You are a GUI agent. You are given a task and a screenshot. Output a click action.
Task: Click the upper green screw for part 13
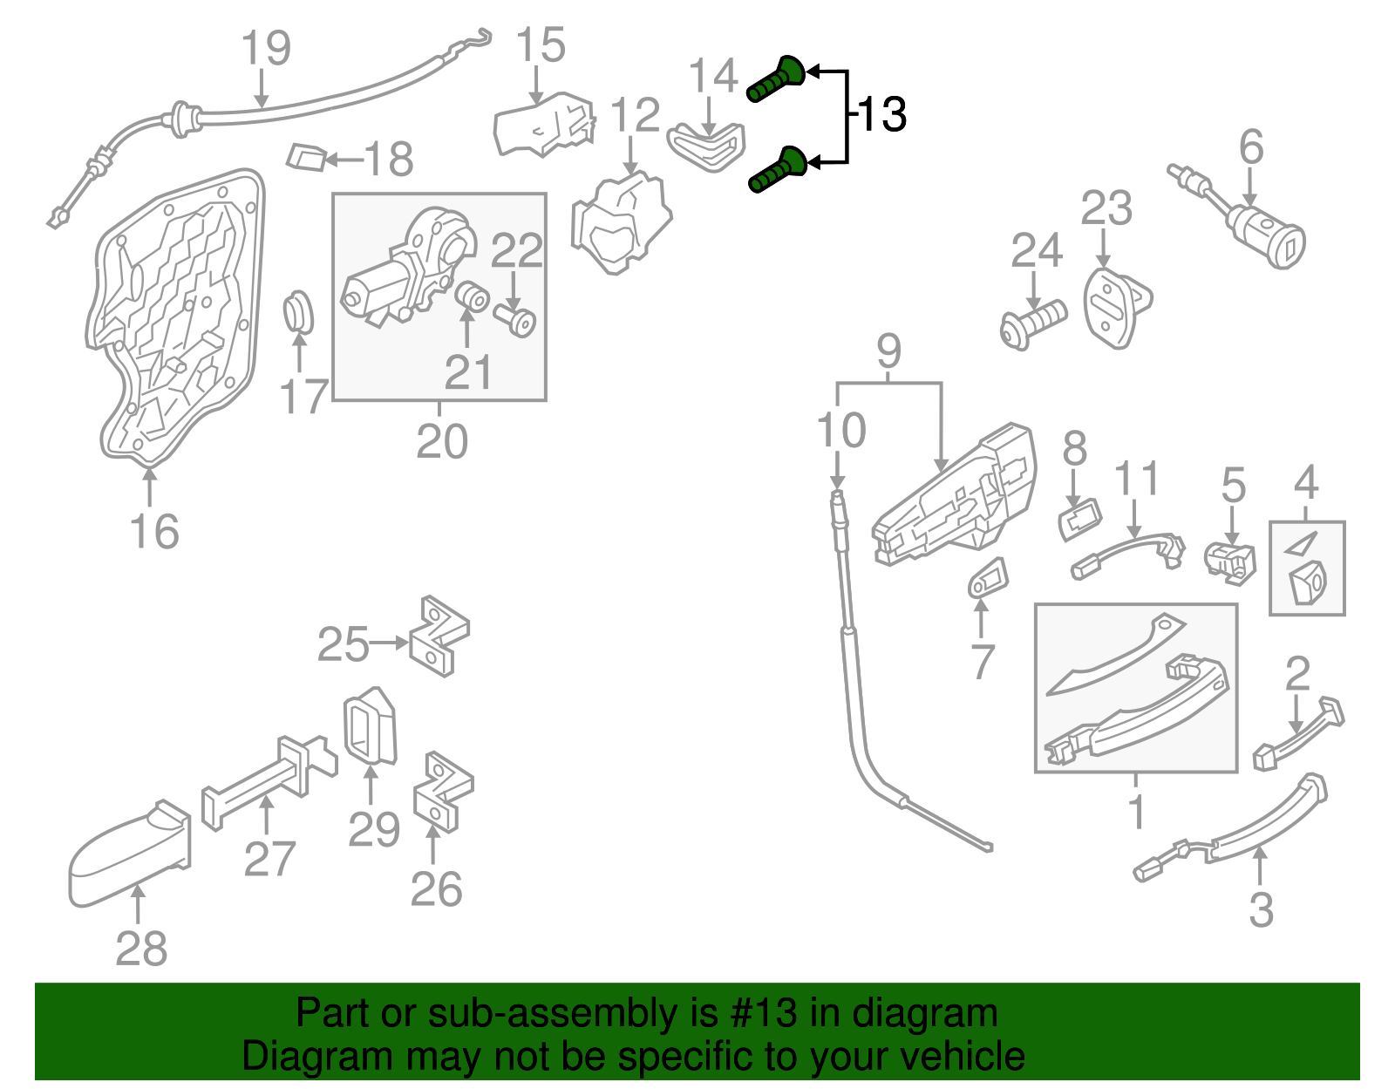[776, 79]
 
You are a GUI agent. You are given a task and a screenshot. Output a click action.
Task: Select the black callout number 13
[882, 114]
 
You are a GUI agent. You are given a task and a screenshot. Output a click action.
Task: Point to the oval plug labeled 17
[299, 311]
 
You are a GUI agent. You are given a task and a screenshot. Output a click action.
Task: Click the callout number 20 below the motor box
[442, 441]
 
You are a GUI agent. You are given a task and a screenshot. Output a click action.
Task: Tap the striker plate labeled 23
[1114, 308]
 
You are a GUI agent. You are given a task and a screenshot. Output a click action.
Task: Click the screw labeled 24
[1034, 324]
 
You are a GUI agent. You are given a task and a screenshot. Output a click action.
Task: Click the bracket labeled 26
[443, 793]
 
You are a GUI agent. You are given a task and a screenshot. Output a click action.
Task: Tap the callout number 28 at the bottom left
[141, 948]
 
